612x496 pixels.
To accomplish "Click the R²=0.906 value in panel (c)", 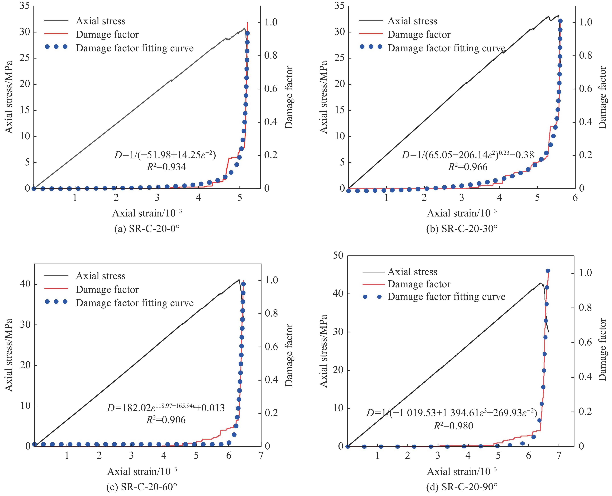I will pyautogui.click(x=166, y=420).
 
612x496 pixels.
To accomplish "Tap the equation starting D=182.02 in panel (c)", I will pyautogui.click(x=166, y=407).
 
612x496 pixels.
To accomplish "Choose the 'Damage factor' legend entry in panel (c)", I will pyautogui.click(x=107, y=289).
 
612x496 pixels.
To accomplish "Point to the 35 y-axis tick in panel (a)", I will pyautogui.click(x=25, y=6).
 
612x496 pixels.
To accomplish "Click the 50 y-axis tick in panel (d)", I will pyautogui.click(x=338, y=255).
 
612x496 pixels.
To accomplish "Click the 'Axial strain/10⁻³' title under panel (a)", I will pyautogui.click(x=147, y=213).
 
